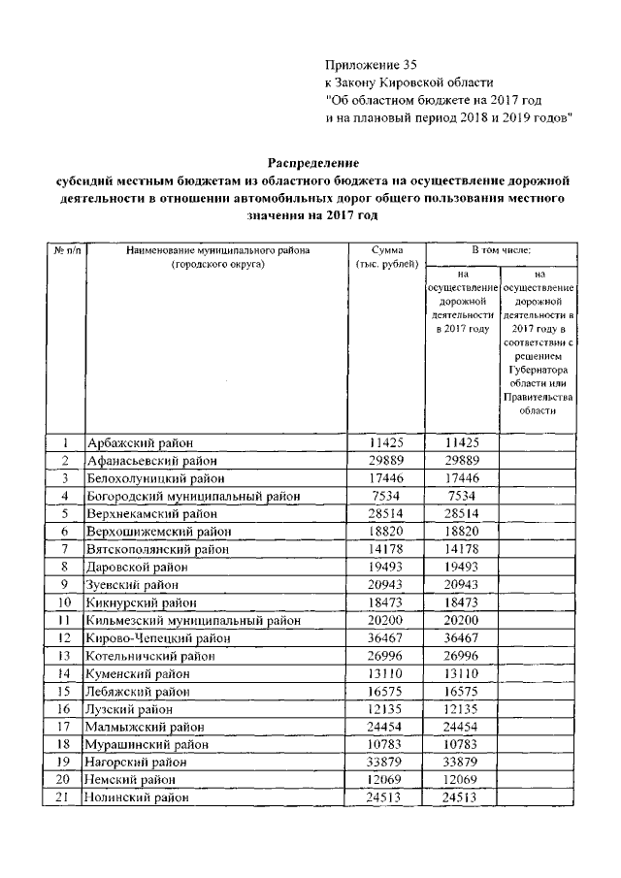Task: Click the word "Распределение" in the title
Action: click(x=310, y=161)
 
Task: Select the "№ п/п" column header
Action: click(x=67, y=250)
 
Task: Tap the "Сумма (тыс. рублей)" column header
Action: click(x=386, y=257)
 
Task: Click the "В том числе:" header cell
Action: click(x=501, y=250)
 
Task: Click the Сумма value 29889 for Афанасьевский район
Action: click(x=386, y=461)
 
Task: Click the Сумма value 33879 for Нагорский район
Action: click(x=386, y=762)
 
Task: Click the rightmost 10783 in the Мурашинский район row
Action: click(x=462, y=744)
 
